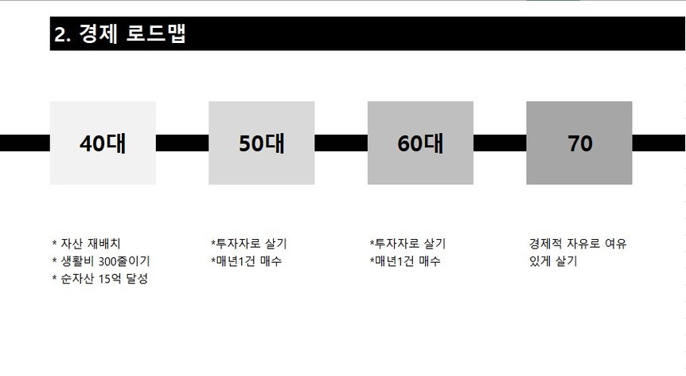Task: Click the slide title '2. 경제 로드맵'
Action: pos(120,33)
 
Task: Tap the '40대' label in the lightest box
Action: pos(103,143)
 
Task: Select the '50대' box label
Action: pos(262,143)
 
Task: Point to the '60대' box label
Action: pos(420,143)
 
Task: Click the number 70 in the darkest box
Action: pos(579,143)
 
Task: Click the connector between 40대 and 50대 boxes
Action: pos(182,143)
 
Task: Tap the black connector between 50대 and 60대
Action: pos(341,143)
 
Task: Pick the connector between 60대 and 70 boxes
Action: pos(500,143)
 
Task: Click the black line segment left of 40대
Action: pos(25,143)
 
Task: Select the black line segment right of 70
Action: pos(658,143)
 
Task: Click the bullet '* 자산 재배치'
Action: pos(86,244)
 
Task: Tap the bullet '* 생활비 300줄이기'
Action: pos(101,261)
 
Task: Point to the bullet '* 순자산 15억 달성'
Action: pos(99,279)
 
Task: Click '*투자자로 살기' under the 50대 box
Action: pos(248,244)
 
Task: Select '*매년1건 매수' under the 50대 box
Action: pos(247,261)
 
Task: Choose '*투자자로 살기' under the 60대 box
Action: pos(407,244)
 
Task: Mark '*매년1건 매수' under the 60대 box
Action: pos(405,261)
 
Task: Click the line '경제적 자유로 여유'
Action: pos(578,244)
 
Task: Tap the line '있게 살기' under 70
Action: pos(553,261)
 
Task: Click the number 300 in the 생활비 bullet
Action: pos(107,262)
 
